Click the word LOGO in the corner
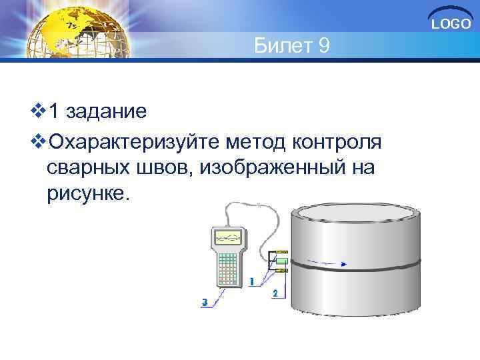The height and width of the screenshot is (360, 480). click(451, 25)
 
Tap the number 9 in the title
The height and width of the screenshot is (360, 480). click(322, 47)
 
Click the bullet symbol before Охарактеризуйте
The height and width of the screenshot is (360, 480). click(39, 141)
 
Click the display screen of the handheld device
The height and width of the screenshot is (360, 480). click(227, 238)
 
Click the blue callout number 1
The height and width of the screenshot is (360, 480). click(251, 281)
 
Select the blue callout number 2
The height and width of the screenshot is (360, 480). click(275, 293)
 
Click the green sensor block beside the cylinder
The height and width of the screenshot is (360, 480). click(281, 261)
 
